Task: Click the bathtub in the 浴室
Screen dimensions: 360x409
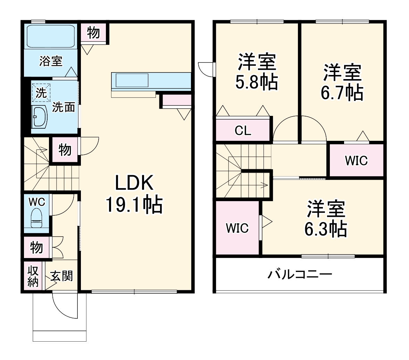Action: [x=51, y=36]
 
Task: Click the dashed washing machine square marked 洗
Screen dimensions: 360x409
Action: [x=41, y=93]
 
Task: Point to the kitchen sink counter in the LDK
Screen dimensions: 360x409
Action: [x=132, y=80]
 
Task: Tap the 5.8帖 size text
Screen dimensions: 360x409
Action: [x=257, y=82]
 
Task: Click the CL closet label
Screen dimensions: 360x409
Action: [x=243, y=131]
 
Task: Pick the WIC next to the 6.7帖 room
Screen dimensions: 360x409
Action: [x=356, y=161]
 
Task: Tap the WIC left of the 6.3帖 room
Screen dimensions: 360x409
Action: [x=237, y=228]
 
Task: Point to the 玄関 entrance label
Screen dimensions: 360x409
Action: [x=61, y=276]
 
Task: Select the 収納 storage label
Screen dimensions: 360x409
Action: [x=33, y=276]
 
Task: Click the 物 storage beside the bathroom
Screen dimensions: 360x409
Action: [x=93, y=33]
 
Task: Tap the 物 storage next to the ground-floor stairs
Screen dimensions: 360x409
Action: [x=65, y=150]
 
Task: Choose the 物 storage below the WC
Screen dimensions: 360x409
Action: [x=36, y=248]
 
